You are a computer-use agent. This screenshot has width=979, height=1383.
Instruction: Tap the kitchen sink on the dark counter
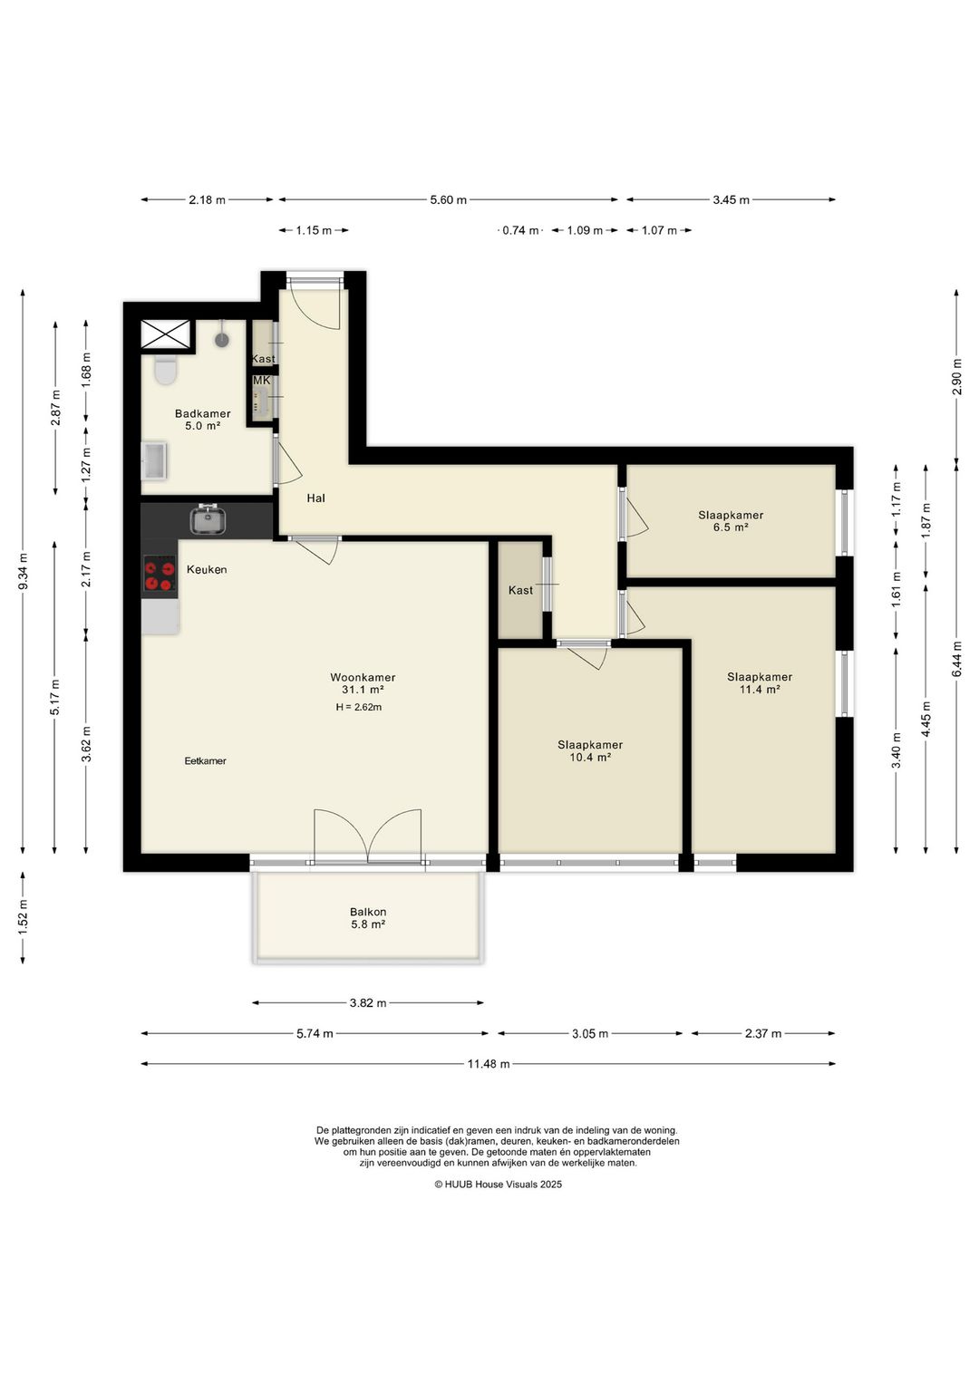pyautogui.click(x=208, y=518)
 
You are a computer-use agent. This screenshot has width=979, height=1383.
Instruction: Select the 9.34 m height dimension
pyautogui.click(x=24, y=572)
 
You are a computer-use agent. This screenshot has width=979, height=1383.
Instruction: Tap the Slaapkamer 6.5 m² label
pyautogui.click(x=731, y=521)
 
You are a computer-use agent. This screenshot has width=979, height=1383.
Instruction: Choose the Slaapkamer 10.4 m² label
pyautogui.click(x=590, y=750)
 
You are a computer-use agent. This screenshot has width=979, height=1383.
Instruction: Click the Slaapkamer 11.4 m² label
pyautogui.click(x=759, y=682)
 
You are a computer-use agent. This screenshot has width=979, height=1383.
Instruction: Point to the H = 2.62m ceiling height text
pyautogui.click(x=359, y=707)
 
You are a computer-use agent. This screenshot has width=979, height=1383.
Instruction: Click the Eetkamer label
pyautogui.click(x=205, y=760)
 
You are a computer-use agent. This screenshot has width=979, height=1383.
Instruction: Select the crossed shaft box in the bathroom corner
pyautogui.click(x=167, y=334)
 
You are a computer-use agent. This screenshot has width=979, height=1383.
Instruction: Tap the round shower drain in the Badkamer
pyautogui.click(x=222, y=340)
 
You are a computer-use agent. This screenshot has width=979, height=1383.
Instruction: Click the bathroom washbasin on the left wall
pyautogui.click(x=154, y=459)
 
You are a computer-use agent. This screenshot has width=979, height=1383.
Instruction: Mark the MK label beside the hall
pyautogui.click(x=262, y=381)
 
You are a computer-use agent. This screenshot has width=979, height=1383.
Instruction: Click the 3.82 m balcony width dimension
pyautogui.click(x=367, y=1002)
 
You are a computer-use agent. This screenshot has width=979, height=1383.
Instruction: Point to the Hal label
pyautogui.click(x=315, y=498)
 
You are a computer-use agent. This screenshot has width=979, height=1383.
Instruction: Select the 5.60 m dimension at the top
pyautogui.click(x=448, y=199)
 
